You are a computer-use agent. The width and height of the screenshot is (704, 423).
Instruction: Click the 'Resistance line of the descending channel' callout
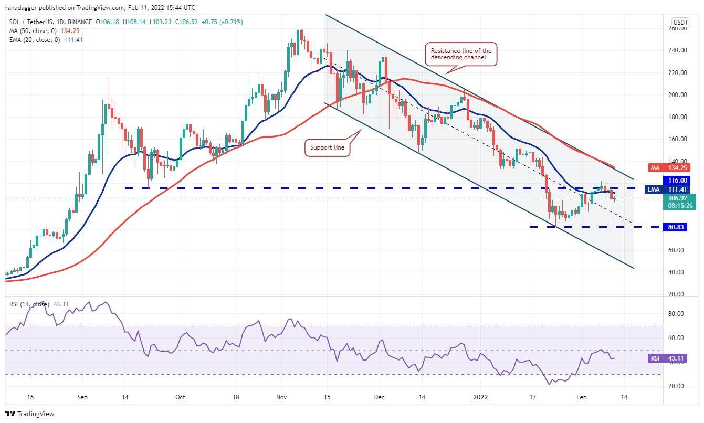pos(461,54)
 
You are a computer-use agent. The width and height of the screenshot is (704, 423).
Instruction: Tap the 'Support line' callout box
pos(328,147)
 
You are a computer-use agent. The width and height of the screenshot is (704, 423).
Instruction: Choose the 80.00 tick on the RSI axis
pos(678,314)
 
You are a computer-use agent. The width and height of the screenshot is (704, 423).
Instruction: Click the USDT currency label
pos(680,22)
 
